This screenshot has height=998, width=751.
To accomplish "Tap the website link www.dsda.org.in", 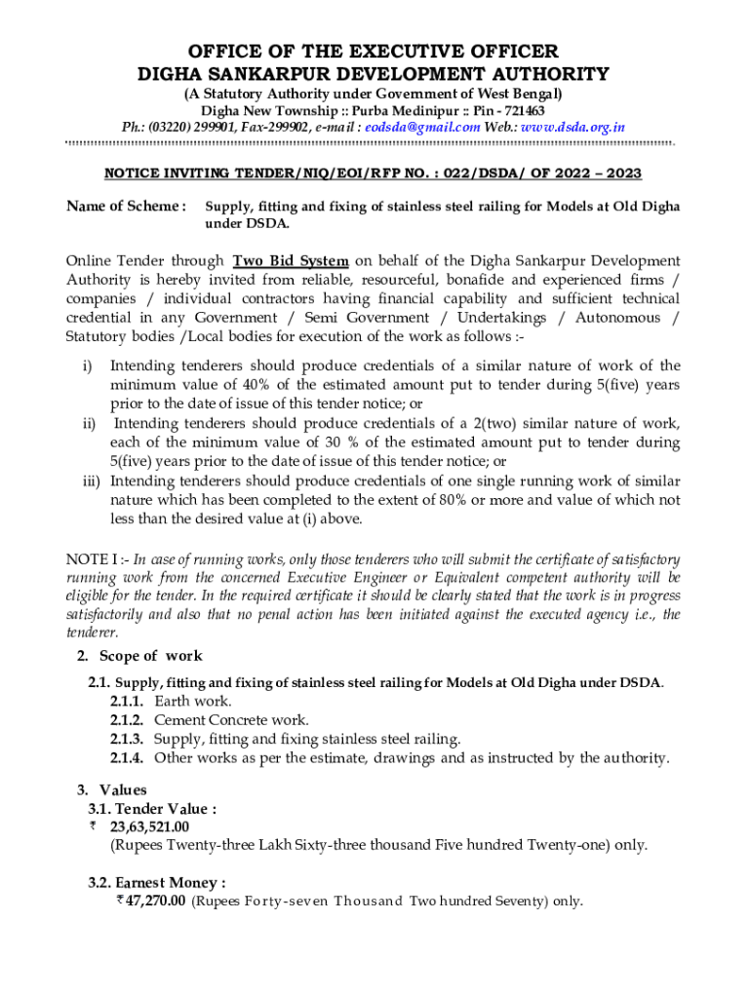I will pyautogui.click(x=573, y=127).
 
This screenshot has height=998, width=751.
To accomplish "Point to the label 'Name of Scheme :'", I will pyautogui.click(x=126, y=206).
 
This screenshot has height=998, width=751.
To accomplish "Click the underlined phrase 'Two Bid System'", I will pyautogui.click(x=291, y=261).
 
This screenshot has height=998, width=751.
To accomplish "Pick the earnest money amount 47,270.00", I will pyautogui.click(x=149, y=902).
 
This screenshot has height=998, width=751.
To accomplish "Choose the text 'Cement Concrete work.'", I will pyautogui.click(x=231, y=719).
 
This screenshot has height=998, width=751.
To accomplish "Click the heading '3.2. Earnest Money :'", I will pyautogui.click(x=157, y=883).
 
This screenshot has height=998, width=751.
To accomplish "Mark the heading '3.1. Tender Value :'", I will pyautogui.click(x=152, y=808).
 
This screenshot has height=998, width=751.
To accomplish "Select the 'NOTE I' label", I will pyautogui.click(x=93, y=559).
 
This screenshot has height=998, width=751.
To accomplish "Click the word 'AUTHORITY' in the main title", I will pyautogui.click(x=541, y=74).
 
